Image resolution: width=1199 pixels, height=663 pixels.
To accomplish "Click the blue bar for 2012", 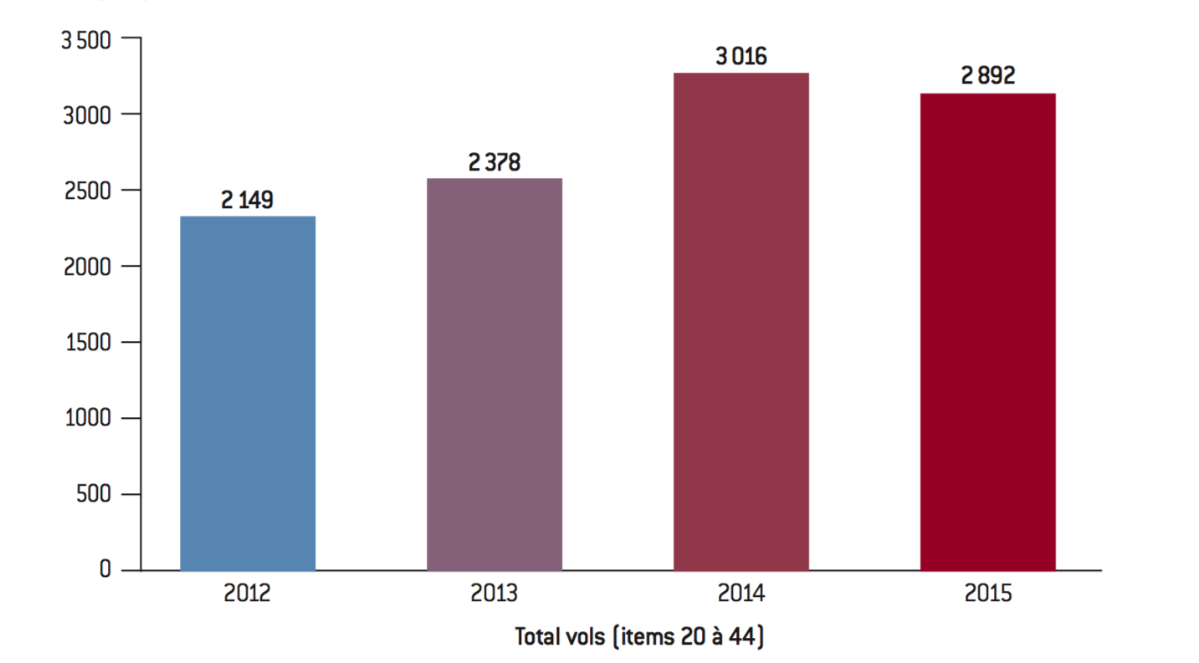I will pyautogui.click(x=248, y=393).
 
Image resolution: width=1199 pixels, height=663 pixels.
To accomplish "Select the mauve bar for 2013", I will pyautogui.click(x=494, y=374).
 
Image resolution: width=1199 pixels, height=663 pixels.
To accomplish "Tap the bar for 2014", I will pyautogui.click(x=741, y=321).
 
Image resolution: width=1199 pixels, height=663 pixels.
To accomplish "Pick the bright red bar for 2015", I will pyautogui.click(x=987, y=331).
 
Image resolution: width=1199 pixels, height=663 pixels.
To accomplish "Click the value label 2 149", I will pyautogui.click(x=247, y=201).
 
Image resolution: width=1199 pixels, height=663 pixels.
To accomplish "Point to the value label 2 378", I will pyautogui.click(x=494, y=162).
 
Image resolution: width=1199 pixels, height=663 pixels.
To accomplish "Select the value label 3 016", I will pyautogui.click(x=741, y=57).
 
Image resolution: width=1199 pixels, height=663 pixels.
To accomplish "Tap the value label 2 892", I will pyautogui.click(x=987, y=77).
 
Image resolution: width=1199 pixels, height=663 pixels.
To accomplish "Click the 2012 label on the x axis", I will pyautogui.click(x=247, y=594).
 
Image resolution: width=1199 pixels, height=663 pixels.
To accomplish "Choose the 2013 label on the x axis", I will pyautogui.click(x=494, y=594).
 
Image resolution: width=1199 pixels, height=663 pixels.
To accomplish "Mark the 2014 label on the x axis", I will pyautogui.click(x=741, y=594).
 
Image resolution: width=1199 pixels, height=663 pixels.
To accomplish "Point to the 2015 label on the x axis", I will pyautogui.click(x=987, y=594).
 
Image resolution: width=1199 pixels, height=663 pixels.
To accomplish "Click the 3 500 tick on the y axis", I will pyautogui.click(x=86, y=38).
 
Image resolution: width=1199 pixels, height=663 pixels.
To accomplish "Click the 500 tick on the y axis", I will pyautogui.click(x=93, y=495).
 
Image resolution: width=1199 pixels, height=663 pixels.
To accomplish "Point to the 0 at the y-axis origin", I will pyautogui.click(x=105, y=570).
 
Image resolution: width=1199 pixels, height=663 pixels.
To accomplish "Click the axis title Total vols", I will pyautogui.click(x=639, y=637).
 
